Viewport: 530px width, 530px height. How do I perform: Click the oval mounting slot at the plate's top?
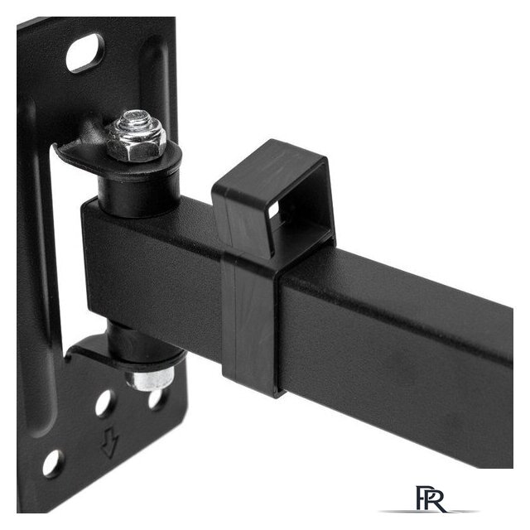84,53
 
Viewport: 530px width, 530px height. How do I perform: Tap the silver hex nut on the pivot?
135,142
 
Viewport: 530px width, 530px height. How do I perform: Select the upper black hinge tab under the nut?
117,159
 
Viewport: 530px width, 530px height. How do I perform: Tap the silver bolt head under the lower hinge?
149,379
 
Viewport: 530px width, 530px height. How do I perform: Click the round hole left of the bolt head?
105,403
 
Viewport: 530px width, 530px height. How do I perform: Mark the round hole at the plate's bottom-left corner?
53,464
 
